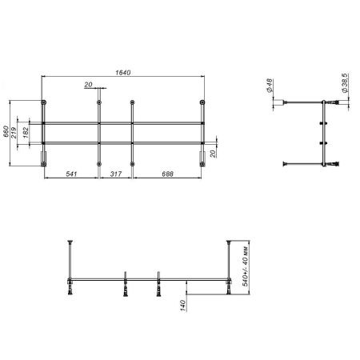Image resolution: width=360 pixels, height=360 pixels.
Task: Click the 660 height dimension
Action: tap(6, 130)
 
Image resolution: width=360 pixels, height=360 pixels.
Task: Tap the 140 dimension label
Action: tap(183, 304)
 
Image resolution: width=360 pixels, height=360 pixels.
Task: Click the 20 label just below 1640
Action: tap(87, 84)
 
